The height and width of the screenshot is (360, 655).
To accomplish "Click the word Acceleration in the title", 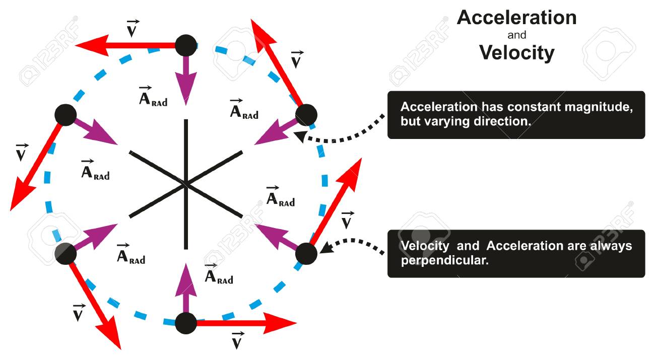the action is pos(516,18).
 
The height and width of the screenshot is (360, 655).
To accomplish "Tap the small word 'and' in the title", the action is pos(516,35).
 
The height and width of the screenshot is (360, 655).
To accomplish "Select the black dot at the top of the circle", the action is pos(186,45).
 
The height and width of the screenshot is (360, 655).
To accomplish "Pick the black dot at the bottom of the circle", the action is pos(186,323).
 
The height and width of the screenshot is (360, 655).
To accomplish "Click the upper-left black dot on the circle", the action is pos(65,115).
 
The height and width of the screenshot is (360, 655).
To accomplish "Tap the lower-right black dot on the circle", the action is pos(306,254).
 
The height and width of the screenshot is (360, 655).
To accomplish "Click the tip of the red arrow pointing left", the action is pos(76,45).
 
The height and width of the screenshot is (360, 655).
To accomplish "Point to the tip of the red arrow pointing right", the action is pos(296,323).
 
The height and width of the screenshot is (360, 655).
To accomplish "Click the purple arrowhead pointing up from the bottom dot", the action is pos(186,279).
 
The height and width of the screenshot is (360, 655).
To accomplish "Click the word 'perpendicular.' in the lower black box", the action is pos(444,261).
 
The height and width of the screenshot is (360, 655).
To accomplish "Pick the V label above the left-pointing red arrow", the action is pos(133,28).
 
